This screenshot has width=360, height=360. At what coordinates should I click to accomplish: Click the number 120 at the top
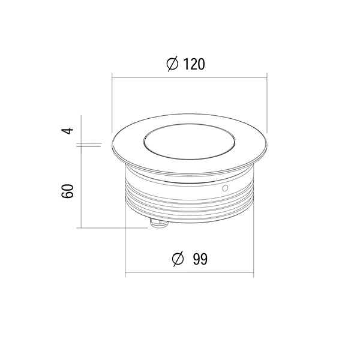tap(194, 64)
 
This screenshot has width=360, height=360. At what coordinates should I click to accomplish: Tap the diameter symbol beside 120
tap(172, 64)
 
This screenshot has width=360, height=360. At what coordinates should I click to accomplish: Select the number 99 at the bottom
tap(200, 259)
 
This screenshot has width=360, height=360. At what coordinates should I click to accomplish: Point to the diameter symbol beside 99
tap(178, 259)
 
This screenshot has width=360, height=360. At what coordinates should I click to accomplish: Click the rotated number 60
tap(67, 191)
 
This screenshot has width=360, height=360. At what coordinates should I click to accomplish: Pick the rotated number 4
tap(67, 131)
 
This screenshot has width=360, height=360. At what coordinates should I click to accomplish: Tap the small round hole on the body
tap(225, 188)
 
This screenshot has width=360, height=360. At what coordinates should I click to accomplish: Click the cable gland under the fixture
tap(159, 223)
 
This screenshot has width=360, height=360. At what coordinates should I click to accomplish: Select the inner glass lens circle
tap(190, 142)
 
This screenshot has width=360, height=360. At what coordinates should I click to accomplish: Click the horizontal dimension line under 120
tap(190, 78)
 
